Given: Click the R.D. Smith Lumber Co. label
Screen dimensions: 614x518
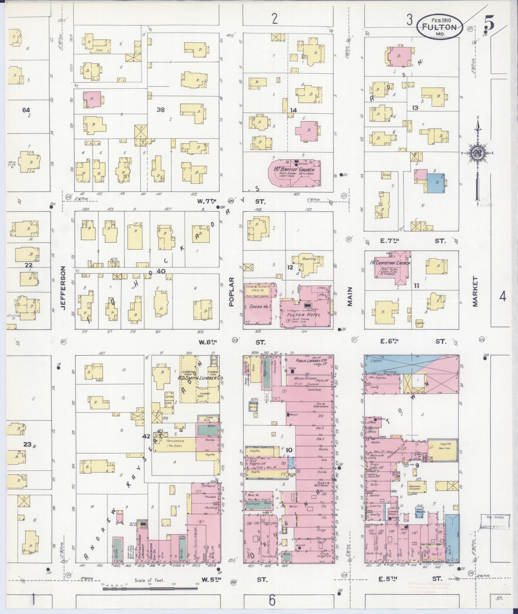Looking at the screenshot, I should (x=201, y=378).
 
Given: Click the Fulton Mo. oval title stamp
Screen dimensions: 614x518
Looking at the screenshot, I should (x=440, y=27).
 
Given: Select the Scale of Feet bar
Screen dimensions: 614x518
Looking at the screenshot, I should (x=151, y=589).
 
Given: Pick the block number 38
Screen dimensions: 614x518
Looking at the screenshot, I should (x=161, y=110).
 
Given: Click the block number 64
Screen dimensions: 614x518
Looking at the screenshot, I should (x=26, y=110).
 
